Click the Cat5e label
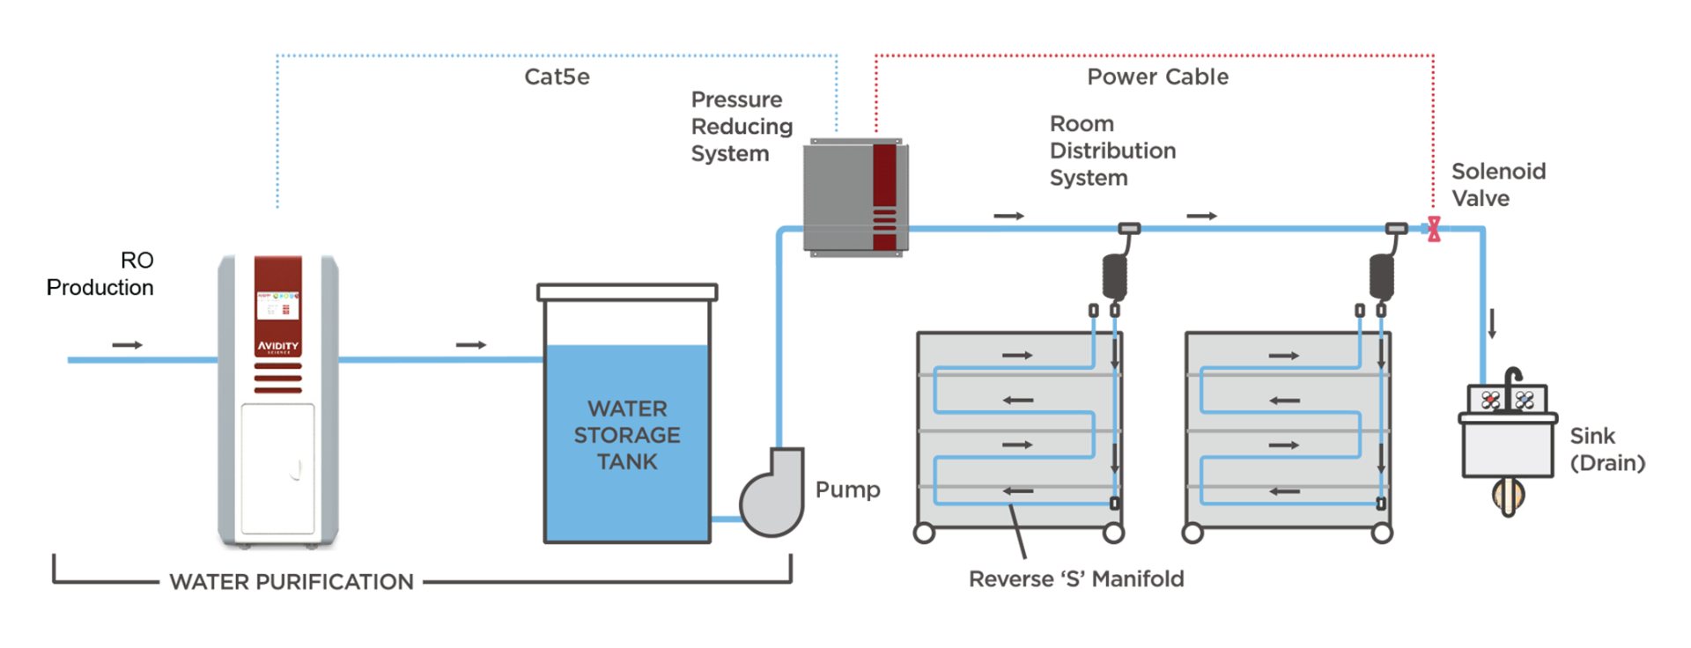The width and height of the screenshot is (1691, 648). (557, 77)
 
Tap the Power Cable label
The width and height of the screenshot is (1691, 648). (1157, 77)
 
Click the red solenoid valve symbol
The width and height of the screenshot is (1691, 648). (1434, 229)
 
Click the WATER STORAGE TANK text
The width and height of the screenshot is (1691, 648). (627, 435)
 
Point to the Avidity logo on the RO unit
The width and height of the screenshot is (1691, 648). (278, 346)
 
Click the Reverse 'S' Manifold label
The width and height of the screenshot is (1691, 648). (1076, 578)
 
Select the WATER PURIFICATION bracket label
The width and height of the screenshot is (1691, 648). (292, 582)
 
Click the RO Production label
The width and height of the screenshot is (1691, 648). (100, 274)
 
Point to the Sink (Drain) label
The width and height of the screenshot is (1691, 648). (1607, 449)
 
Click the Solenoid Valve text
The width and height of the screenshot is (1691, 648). (1498, 185)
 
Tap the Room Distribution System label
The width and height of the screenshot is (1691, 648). (1112, 151)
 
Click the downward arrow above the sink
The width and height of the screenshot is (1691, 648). (1492, 323)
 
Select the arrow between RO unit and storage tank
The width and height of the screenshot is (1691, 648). (471, 344)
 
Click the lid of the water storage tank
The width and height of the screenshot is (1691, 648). (627, 291)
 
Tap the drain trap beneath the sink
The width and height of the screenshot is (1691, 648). (1508, 496)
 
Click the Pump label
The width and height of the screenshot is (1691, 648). (847, 490)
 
